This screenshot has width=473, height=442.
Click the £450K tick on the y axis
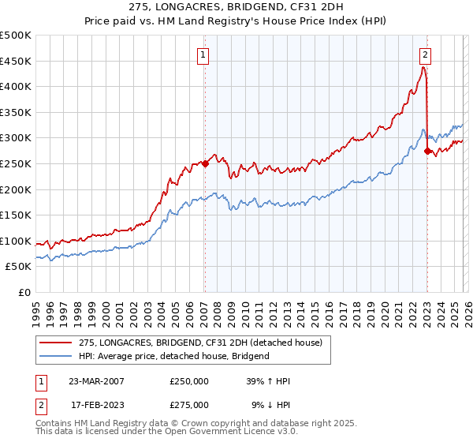(16, 61)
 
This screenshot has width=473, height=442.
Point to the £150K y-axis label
(16, 215)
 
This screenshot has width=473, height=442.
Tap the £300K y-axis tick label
(16, 138)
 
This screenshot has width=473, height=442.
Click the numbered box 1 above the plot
(203, 54)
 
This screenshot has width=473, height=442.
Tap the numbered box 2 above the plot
(426, 54)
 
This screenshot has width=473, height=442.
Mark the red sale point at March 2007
(205, 164)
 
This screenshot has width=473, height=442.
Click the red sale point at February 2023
(426, 151)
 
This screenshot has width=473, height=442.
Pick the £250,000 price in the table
(188, 380)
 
